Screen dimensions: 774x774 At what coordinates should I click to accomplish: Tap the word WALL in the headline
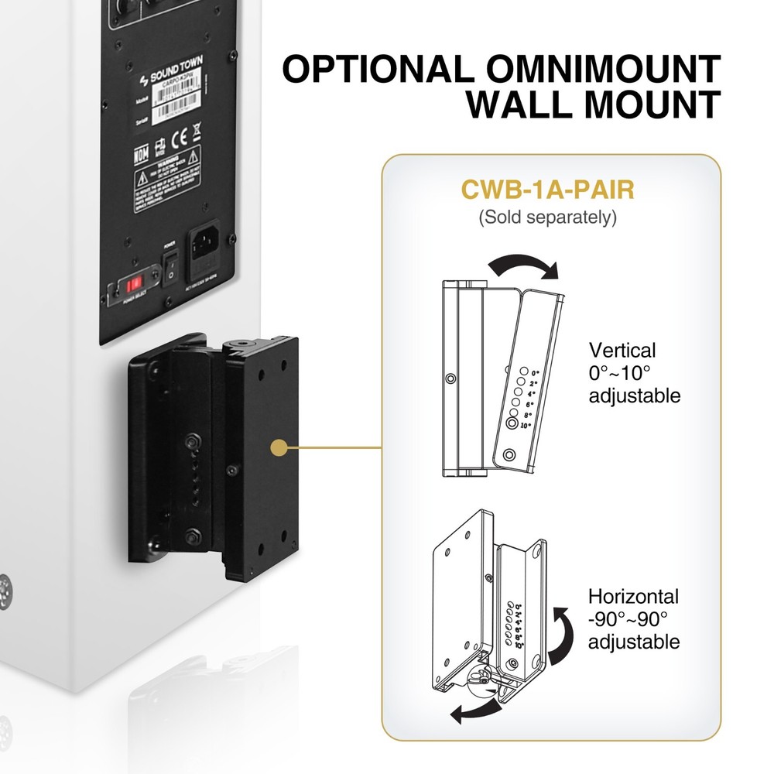pos(533,105)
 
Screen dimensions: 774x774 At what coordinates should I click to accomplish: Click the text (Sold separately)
pos(547,217)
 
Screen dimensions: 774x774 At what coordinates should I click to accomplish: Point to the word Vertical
pos(622,350)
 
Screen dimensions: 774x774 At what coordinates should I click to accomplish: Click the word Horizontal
pos(633,597)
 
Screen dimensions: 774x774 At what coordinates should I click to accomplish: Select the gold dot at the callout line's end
pos(281,447)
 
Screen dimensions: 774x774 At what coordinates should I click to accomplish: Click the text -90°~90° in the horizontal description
pos(628,619)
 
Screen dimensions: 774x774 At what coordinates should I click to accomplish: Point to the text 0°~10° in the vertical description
pos(620,373)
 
